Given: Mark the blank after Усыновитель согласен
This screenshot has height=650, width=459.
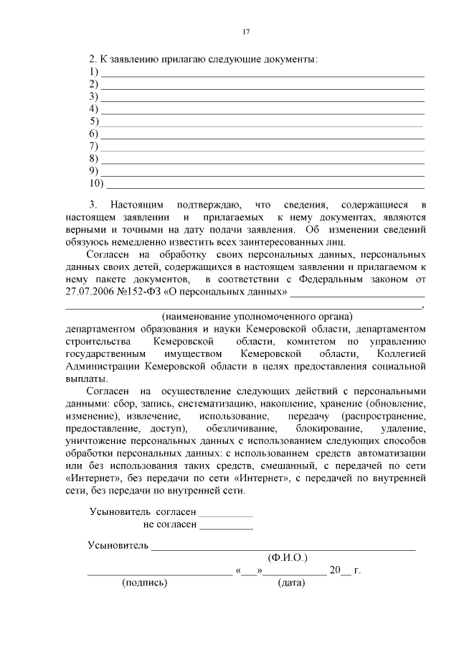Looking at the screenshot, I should pos(226,514).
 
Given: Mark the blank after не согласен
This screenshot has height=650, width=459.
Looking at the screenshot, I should pos(226,527).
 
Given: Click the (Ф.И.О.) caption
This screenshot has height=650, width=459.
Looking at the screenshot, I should pos(286,558).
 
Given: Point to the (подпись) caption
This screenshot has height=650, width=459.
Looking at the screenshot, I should pos(145,583).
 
